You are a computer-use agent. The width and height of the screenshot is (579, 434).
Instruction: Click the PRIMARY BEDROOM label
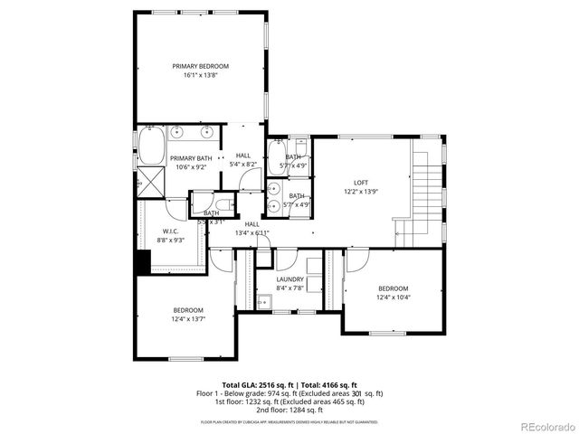[x=200, y=66]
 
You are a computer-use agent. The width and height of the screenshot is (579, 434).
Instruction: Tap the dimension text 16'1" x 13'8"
[x=200, y=76]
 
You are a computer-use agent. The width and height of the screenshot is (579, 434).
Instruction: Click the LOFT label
[x=360, y=182]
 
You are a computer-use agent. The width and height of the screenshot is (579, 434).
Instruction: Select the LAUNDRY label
[x=289, y=279]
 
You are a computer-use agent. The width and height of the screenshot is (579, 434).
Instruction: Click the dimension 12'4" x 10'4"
[x=394, y=297]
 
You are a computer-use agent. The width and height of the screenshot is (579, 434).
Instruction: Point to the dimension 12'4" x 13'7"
[x=189, y=319]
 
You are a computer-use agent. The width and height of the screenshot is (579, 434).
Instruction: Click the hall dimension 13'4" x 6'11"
[x=252, y=233]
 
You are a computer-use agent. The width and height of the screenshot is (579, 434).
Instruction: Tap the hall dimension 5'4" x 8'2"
[x=243, y=165]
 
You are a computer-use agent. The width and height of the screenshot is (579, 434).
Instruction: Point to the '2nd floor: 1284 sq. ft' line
[x=289, y=411]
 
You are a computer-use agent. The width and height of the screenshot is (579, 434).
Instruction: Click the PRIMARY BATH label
[x=191, y=157]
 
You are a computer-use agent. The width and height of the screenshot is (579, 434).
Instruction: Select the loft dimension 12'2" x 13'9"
[x=360, y=192]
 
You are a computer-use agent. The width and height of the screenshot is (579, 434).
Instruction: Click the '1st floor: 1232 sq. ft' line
[x=289, y=402]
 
